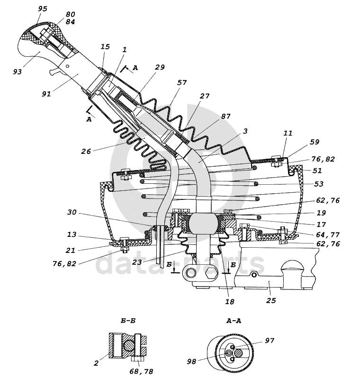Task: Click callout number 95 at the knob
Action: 43,9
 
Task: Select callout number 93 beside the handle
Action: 18,72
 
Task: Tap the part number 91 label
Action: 46,94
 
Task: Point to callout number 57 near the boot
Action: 182,82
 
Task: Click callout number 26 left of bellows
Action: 86,151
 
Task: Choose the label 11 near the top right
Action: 288,133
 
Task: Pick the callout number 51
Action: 317,171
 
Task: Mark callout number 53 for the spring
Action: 318,184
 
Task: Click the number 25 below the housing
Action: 270,300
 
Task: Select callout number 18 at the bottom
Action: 229,302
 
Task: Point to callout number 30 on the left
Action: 72,212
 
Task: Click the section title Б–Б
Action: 128,321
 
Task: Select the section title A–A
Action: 234,321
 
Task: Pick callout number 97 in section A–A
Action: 270,341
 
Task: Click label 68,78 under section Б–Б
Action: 141,371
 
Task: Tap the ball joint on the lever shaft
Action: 203,223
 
